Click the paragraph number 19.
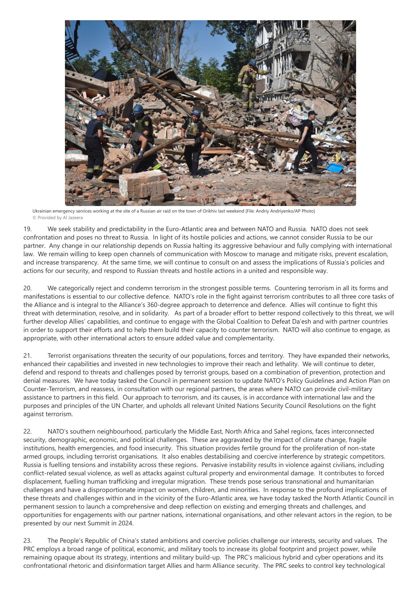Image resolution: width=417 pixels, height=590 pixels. pyautogui.click(x=27, y=229)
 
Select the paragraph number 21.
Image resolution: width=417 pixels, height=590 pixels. pyautogui.click(x=27, y=356)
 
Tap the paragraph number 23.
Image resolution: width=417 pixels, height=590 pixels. pyautogui.click(x=27, y=541)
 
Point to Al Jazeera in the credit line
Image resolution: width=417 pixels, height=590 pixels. pyautogui.click(x=73, y=218)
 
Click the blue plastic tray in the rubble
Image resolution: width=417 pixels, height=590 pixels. pyautogui.click(x=335, y=168)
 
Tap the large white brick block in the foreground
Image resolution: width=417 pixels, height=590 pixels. pyautogui.click(x=144, y=185)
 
